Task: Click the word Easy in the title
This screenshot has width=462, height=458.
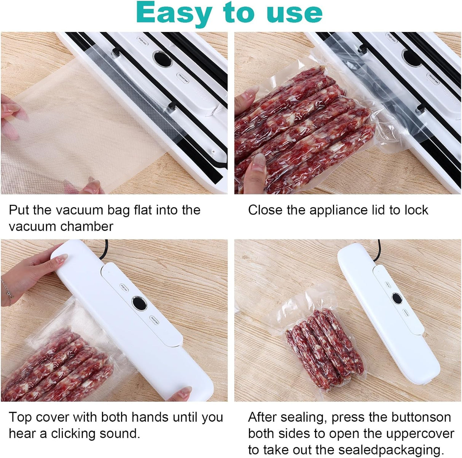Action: point(174,13)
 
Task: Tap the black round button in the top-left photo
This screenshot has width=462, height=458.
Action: point(163,58)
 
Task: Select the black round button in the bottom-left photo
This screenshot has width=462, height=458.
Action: point(139,303)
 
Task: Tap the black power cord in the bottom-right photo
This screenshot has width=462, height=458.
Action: point(377,250)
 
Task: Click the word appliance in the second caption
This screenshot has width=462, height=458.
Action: point(338,211)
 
